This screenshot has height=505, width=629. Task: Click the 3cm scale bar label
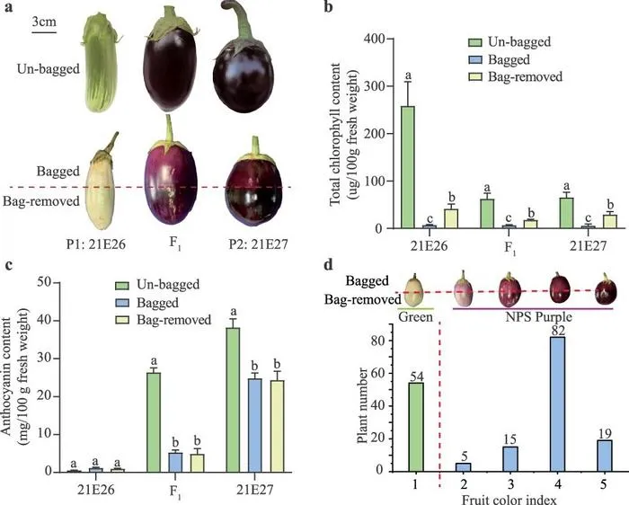pyautogui.click(x=44, y=22)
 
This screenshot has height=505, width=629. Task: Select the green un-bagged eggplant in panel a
pyautogui.click(x=101, y=62)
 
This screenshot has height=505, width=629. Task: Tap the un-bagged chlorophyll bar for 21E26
pyautogui.click(x=408, y=167)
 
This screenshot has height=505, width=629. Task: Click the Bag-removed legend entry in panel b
pyautogui.click(x=516, y=76)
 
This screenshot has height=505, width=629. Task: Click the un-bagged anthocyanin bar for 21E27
pyautogui.click(x=233, y=400)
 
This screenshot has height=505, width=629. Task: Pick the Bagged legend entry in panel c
pyautogui.click(x=146, y=303)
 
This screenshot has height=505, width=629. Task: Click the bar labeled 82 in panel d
pyautogui.click(x=558, y=404)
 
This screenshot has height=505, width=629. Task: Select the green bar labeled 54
pyautogui.click(x=415, y=427)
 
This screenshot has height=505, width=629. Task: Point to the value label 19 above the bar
pyautogui.click(x=605, y=434)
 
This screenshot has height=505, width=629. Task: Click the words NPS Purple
pyautogui.click(x=538, y=317)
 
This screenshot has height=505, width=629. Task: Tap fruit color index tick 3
pyautogui.click(x=510, y=484)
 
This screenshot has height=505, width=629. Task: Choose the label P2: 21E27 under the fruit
pyautogui.click(x=259, y=244)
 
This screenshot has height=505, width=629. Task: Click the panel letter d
pyautogui.click(x=329, y=266)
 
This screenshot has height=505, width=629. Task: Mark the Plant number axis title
pyautogui.click(x=362, y=405)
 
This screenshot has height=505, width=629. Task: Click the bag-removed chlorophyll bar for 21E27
pyautogui.click(x=610, y=221)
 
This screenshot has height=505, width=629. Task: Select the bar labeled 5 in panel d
pyautogui.click(x=463, y=467)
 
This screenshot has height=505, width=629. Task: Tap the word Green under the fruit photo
pyautogui.click(x=415, y=317)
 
